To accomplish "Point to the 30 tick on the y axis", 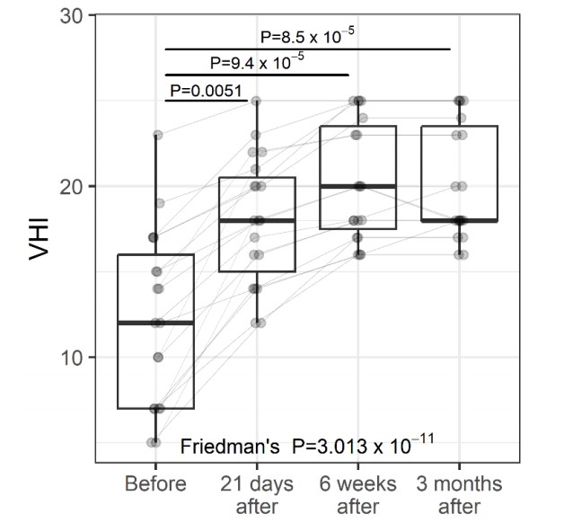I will pos(72,16).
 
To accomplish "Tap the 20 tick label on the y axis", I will pos(72,186).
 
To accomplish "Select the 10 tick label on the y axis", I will pos(72,357).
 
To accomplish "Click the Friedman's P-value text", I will pos(308,444).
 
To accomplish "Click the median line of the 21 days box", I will pos(257,220).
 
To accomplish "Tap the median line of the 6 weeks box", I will pos(358,186).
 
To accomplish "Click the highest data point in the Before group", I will pos(157,135).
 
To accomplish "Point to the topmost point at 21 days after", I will pos(256,101).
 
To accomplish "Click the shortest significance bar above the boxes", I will pos(207,102).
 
